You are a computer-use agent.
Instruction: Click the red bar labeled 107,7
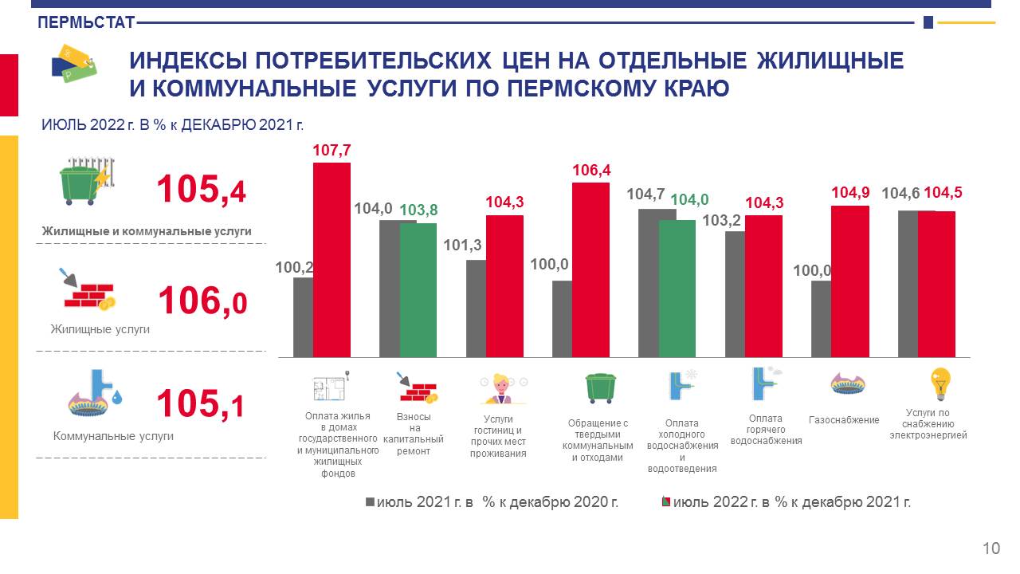click(331, 260)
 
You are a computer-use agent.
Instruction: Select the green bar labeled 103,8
click(418, 290)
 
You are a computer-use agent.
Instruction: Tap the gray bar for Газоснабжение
click(821, 319)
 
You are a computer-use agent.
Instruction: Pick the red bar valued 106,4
click(590, 270)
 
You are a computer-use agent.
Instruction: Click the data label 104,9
click(849, 193)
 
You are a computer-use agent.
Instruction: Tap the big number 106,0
click(202, 302)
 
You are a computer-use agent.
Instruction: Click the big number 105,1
click(200, 404)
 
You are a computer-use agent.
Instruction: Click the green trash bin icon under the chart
click(600, 387)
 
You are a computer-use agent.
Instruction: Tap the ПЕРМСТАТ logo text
click(86, 23)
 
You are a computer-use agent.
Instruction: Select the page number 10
click(991, 548)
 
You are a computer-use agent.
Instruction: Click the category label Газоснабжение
click(844, 420)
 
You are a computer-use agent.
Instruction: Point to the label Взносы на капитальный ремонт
click(414, 434)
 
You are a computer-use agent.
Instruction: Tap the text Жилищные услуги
click(100, 329)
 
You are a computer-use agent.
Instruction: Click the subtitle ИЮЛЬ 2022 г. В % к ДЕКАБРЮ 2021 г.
click(173, 124)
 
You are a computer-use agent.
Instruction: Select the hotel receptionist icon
click(502, 388)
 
